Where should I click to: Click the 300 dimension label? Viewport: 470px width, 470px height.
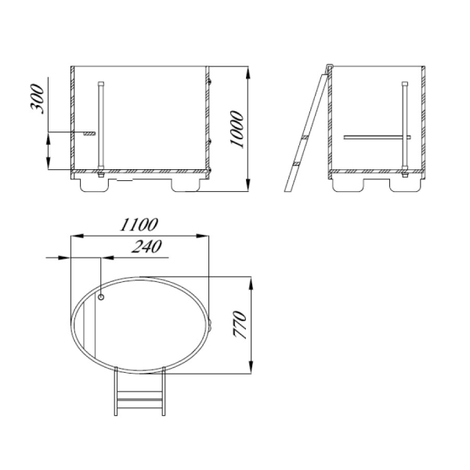[37, 99]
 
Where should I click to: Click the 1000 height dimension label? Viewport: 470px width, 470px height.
[237, 129]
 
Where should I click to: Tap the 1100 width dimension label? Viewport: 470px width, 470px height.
[139, 225]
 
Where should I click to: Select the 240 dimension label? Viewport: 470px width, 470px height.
[146, 247]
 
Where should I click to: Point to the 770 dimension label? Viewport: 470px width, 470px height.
[240, 324]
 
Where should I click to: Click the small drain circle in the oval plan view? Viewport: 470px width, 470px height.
[101, 297]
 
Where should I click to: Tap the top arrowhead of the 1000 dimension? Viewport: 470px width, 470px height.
[248, 73]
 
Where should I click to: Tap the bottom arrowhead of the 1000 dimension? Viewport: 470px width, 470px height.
[248, 185]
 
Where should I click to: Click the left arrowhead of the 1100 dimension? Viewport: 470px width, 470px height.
[77, 236]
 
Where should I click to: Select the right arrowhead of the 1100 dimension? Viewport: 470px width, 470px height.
[202, 236]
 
